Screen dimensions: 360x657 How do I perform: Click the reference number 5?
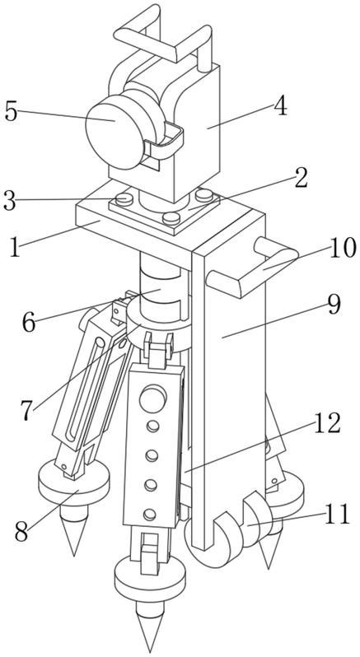click(x=12, y=112)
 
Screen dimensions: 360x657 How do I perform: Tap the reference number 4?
click(x=280, y=107)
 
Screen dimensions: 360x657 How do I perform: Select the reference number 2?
click(x=301, y=178)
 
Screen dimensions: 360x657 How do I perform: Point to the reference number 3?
click(x=9, y=201)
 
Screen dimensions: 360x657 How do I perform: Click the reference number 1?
click(x=14, y=248)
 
